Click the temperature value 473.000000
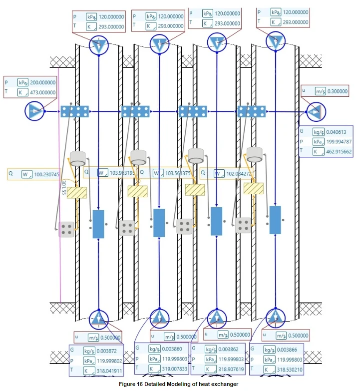click(44, 92)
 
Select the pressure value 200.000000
click(44, 82)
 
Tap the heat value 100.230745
click(47, 175)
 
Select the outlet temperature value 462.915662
click(338, 151)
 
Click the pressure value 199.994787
click(338, 141)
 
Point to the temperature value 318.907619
click(232, 370)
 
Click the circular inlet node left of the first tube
click(35, 110)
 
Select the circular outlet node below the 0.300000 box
click(316, 112)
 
